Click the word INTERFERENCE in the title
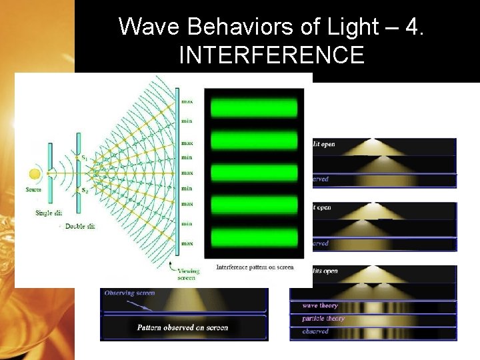[x=271, y=55]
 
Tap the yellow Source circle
[x=35, y=175]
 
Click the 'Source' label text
[x=33, y=190]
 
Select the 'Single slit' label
[x=50, y=213]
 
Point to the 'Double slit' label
[x=79, y=226]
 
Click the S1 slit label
[x=84, y=157]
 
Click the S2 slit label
[x=84, y=191]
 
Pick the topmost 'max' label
[x=187, y=102]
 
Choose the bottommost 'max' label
[x=187, y=243]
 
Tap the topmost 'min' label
[x=187, y=121]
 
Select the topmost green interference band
[x=253, y=108]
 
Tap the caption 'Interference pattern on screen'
[x=255, y=267]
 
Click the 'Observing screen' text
[x=129, y=293]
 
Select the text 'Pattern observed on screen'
[x=182, y=327]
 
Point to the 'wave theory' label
[x=320, y=305]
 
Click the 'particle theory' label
[x=323, y=319]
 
